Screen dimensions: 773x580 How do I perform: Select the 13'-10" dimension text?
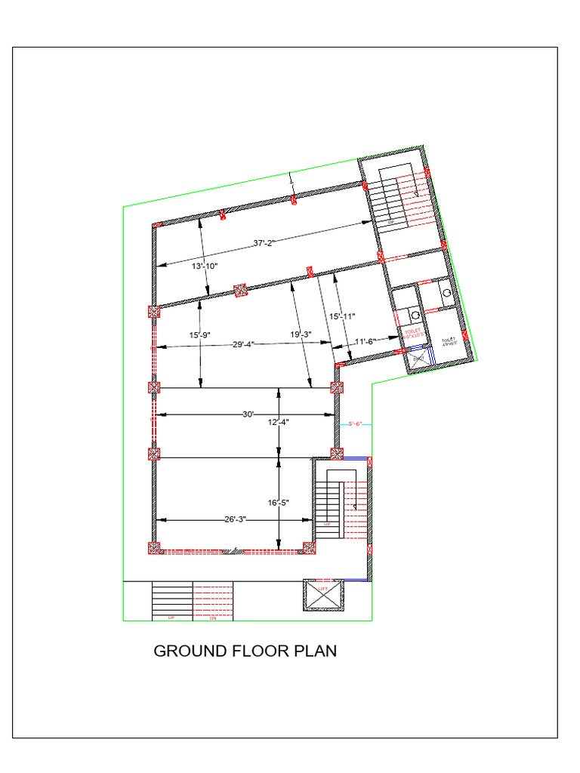click(x=204, y=266)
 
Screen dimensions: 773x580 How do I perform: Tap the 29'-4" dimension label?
click(x=243, y=344)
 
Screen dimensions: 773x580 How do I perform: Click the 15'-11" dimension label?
click(x=341, y=316)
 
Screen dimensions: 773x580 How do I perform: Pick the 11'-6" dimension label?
click(x=366, y=342)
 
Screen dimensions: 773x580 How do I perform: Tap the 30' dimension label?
click(x=248, y=414)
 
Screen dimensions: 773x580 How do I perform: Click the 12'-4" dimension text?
click(x=279, y=423)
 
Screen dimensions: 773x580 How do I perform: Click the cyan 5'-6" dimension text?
click(x=355, y=424)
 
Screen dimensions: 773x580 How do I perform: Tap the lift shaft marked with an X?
click(x=322, y=596)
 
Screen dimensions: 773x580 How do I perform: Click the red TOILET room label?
click(x=412, y=333)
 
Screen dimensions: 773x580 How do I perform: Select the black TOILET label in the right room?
click(x=449, y=341)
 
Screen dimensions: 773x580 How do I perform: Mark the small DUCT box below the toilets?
click(x=418, y=359)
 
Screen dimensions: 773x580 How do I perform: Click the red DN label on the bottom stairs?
click(x=213, y=618)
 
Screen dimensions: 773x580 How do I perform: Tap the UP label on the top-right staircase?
click(x=391, y=223)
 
